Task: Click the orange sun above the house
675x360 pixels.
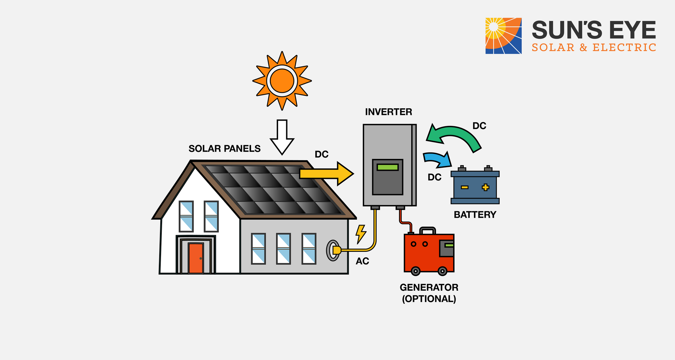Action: click(x=282, y=81)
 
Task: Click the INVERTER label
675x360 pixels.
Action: click(x=388, y=112)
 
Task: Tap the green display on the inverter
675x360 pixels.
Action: click(x=387, y=167)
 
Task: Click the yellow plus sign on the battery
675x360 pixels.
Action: click(x=486, y=187)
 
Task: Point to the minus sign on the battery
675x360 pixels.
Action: click(x=464, y=187)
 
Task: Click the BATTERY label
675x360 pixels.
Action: click(x=475, y=214)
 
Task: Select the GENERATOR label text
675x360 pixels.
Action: click(x=429, y=288)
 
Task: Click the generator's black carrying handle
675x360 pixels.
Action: click(x=427, y=230)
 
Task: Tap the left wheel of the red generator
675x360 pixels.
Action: click(x=416, y=271)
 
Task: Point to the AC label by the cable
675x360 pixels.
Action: click(x=362, y=261)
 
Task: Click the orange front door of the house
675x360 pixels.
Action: click(x=196, y=258)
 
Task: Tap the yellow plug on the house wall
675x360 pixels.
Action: click(x=336, y=250)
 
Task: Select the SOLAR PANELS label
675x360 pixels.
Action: click(x=224, y=149)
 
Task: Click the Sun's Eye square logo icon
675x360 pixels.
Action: click(x=503, y=36)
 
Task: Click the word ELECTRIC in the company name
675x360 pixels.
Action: click(x=624, y=47)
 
